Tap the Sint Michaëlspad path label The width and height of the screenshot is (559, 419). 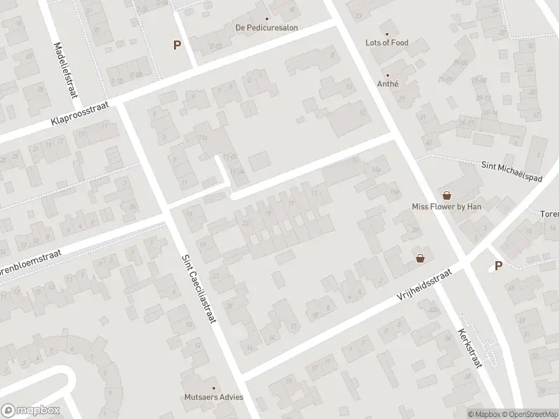pyautogui.click(x=513, y=170)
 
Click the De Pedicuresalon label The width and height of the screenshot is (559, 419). pyautogui.click(x=266, y=29)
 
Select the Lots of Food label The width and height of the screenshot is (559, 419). pyautogui.click(x=386, y=43)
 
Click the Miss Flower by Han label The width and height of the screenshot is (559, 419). pyautogui.click(x=447, y=207)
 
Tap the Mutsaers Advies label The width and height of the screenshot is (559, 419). pyautogui.click(x=215, y=397)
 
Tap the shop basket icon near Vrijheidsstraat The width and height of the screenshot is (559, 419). pyautogui.click(x=420, y=258)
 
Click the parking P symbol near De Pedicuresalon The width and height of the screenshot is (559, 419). pyautogui.click(x=177, y=45)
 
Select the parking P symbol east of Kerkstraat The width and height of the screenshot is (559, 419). pyautogui.click(x=498, y=265)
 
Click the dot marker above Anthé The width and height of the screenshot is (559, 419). pyautogui.click(x=387, y=75)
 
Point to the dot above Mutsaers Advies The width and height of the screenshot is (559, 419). pyautogui.click(x=215, y=388)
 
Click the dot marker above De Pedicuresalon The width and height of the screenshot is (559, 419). pyautogui.click(x=266, y=19)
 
